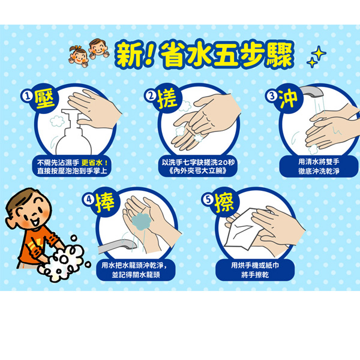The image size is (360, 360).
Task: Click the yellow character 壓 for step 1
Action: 45,100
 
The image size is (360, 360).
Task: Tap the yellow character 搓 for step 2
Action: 167,100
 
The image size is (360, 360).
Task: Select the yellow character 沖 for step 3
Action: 289,99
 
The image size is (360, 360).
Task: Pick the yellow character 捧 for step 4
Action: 104,203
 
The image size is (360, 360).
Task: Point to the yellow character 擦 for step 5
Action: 224,203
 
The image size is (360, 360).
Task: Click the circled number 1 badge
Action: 28,96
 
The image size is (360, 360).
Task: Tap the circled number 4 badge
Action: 89,199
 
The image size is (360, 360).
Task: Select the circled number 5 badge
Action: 208,199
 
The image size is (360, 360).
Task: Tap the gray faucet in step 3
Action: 311,92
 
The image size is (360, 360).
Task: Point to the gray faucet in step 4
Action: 117,246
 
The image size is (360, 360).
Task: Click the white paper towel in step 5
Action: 244,229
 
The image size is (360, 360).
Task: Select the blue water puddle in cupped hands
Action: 141,221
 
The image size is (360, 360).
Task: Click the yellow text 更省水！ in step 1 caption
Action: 95,163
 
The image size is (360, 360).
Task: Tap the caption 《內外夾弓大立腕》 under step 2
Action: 198,171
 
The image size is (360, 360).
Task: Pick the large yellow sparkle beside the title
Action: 319,53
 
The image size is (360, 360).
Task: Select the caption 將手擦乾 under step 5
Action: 255,275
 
